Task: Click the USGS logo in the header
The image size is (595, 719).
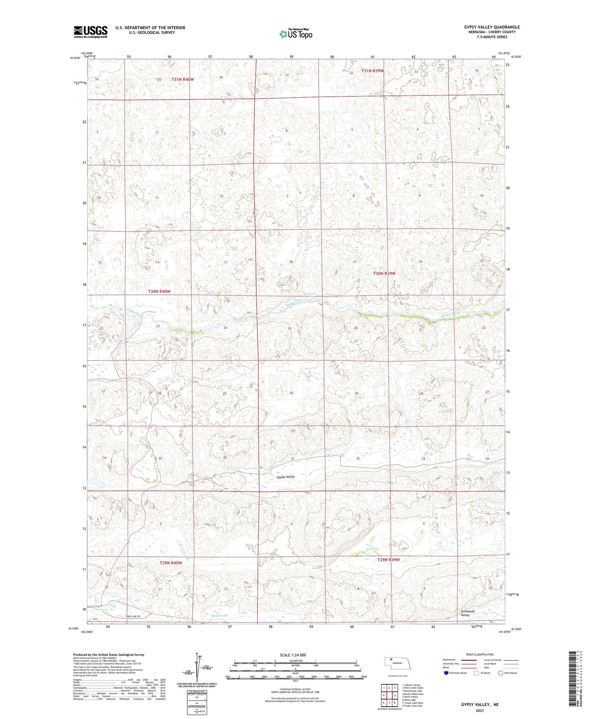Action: coord(90,32)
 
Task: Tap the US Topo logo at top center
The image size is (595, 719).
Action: coord(295,34)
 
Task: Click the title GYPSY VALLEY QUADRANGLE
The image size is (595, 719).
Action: coord(492,27)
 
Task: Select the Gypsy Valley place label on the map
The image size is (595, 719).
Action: coord(285,477)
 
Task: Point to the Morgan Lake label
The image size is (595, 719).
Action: coord(219,616)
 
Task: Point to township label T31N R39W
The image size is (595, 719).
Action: coord(373,71)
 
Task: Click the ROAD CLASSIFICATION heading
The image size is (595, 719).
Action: coord(480,654)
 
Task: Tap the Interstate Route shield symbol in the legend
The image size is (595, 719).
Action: coord(446,673)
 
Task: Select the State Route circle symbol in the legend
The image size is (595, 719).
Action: coord(500,673)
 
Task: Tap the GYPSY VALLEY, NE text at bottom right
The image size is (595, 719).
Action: coord(480,705)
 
